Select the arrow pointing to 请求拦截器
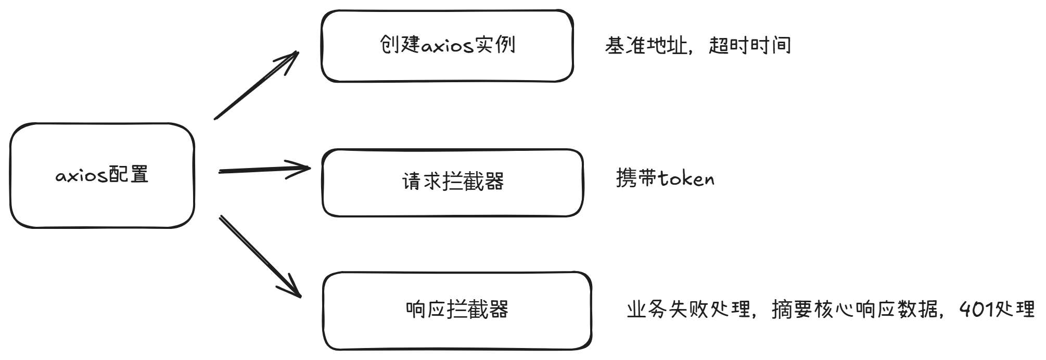[x=264, y=169]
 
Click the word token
[x=686, y=179]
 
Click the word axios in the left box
[x=81, y=176]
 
